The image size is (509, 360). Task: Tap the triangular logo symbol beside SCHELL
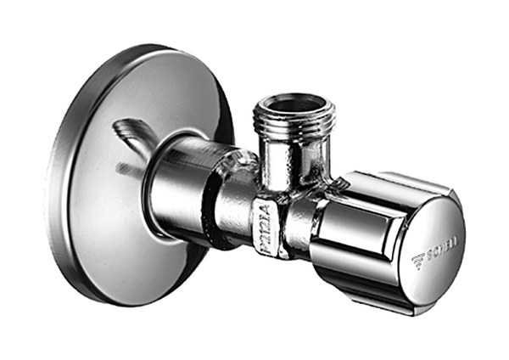pos(417,258)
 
